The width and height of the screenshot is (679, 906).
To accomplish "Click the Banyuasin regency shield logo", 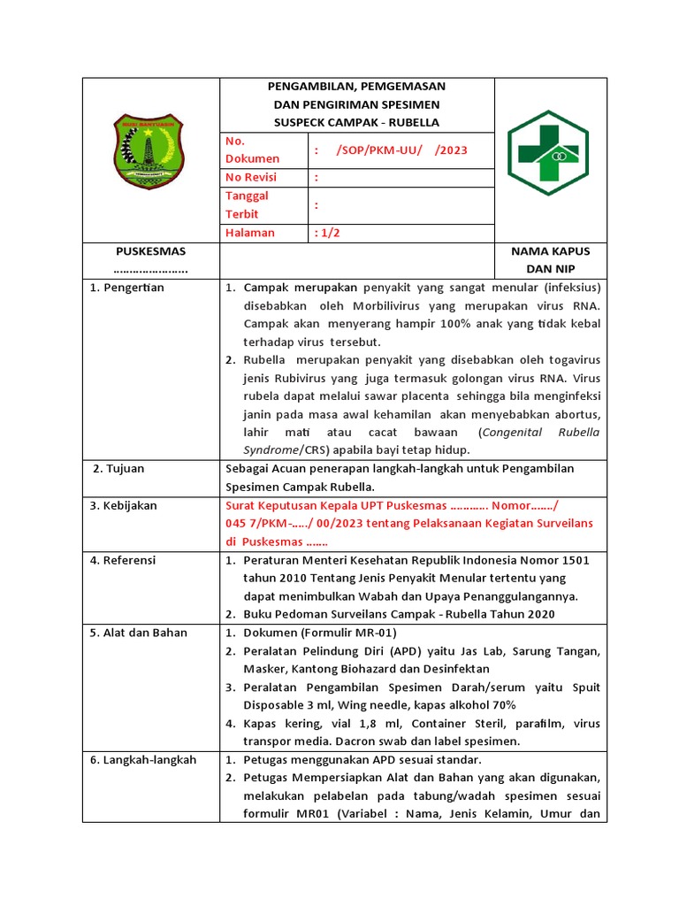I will point(149,151).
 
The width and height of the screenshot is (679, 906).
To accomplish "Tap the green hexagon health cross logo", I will point(548,153).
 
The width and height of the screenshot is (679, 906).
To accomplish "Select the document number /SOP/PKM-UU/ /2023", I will point(401,150).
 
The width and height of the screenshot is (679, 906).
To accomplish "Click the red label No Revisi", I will point(252,178).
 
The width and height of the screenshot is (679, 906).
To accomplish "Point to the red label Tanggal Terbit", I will point(248,204).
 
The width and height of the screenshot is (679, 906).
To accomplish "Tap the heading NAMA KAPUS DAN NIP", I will point(550,259).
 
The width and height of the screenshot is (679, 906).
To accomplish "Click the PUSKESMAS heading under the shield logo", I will point(150,251).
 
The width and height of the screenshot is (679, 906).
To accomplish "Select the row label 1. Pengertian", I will point(127,288).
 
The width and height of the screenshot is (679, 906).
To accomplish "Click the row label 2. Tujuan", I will point(118,468).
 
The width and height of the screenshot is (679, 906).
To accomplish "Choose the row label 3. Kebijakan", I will point(124,505).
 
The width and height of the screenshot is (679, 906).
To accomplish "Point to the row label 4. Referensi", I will point(123,560).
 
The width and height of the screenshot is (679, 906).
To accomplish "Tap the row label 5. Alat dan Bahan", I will point(138,633).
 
